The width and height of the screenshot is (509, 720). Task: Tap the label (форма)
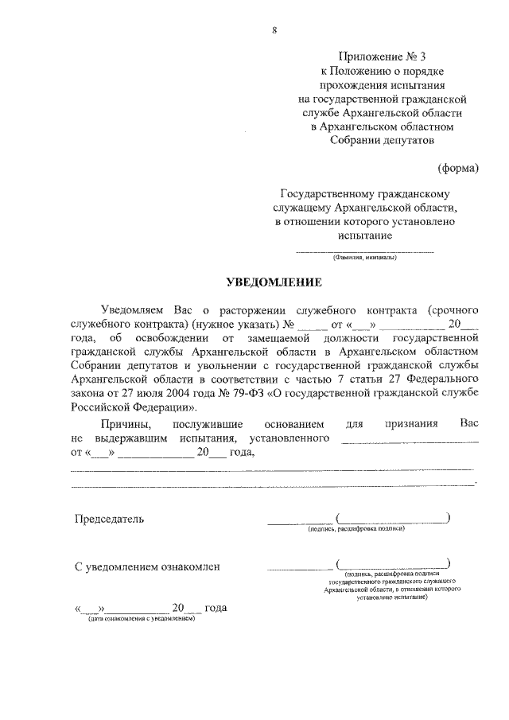[x=458, y=168]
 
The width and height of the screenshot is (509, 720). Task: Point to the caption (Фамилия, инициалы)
[x=365, y=258]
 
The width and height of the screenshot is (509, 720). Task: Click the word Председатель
[x=110, y=519]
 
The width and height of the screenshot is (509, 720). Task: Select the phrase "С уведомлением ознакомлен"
[x=147, y=566]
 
